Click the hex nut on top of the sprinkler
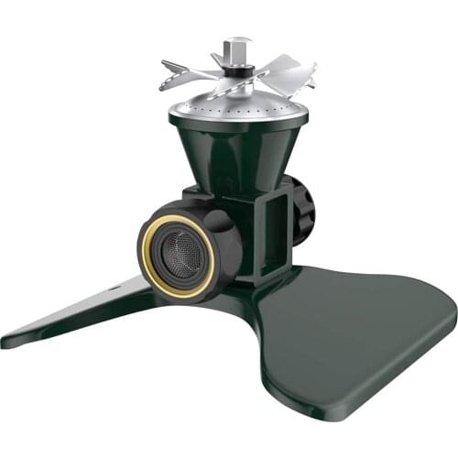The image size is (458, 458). [x=237, y=49]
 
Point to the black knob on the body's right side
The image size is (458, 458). [x=302, y=206]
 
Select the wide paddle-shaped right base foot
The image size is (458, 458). [x=357, y=339]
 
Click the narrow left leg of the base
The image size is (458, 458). [x=82, y=316]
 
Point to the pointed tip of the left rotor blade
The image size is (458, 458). [x=163, y=64]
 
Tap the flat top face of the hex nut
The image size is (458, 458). [x=237, y=41]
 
